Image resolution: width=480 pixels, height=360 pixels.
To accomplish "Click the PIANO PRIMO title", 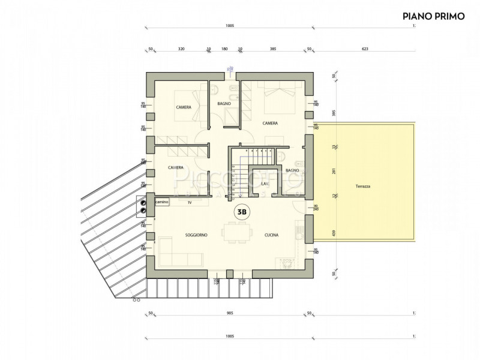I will coord(434,16).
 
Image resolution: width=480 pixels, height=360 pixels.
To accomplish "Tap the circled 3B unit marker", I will coord(242,211).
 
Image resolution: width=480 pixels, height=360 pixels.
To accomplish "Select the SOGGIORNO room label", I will coord(195,235).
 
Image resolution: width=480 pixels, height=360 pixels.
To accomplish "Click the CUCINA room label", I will coord(272,235).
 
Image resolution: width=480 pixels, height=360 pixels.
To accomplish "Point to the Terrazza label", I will coord(362,187).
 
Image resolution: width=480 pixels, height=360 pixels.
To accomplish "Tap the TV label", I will coord(190,203).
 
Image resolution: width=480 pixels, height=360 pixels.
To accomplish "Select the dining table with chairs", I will coord(234,232).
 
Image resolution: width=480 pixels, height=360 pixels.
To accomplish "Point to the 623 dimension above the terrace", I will coord(364,49).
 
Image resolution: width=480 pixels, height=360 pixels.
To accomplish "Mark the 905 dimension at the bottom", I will coord(230,313).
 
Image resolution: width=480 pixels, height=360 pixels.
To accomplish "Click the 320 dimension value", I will coord(181,49).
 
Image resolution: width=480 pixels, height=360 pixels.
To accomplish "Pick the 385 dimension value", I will coord(272,49).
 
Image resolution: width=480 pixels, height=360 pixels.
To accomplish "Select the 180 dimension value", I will coord(224,49).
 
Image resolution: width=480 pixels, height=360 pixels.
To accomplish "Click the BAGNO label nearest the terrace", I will coord(292,170).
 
